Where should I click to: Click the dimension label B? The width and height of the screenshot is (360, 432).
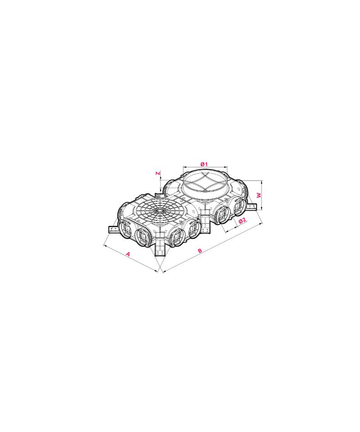200,251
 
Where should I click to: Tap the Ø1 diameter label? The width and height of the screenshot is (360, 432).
204,164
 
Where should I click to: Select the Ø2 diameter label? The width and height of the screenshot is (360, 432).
242,220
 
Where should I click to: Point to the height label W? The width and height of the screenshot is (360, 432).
259,195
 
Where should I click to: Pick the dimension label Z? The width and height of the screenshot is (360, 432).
158,173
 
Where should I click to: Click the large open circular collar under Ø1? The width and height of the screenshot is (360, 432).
204,182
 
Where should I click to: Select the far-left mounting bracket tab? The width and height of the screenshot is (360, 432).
114,229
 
